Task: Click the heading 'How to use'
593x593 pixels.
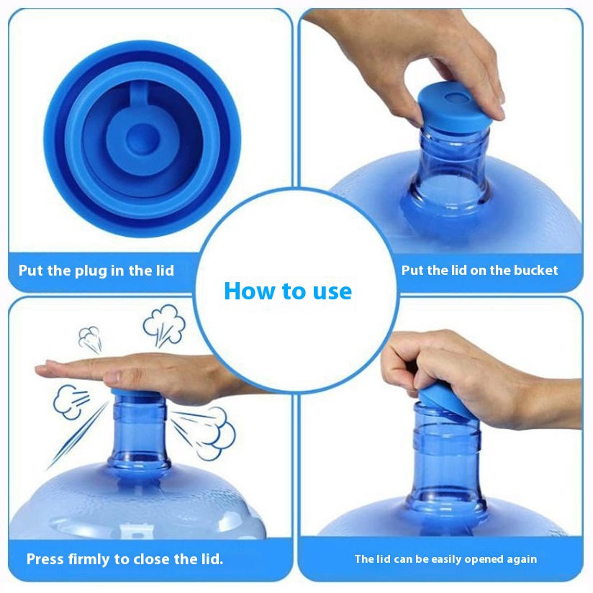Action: coord(288,291)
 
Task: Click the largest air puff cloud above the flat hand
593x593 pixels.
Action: coord(164,325)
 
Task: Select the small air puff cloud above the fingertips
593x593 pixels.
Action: coord(90,339)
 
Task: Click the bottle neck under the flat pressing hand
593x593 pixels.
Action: coord(139,435)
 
